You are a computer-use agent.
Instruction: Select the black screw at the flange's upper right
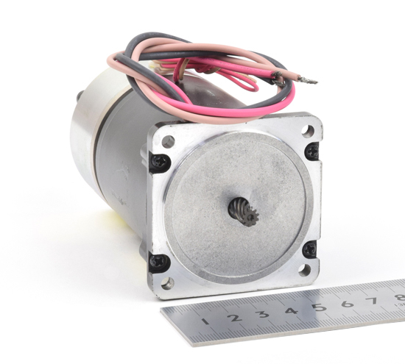coord(311,151)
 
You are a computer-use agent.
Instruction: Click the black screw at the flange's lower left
coord(158,262)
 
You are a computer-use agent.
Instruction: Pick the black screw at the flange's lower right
coord(309,249)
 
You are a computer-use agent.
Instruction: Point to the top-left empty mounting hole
coord(168,142)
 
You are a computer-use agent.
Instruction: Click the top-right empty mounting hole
coord(308,131)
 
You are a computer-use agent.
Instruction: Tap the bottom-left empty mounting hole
coord(167,284)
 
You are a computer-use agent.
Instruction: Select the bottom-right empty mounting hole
coord(305,270)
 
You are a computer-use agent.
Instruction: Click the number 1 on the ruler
coord(206,321)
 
